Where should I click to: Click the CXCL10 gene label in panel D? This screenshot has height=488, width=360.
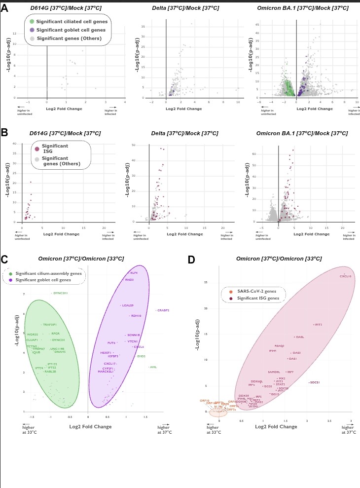click(x=345, y=276)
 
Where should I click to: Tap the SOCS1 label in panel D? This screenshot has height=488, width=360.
click(x=315, y=382)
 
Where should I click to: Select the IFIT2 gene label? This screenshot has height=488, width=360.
click(x=318, y=325)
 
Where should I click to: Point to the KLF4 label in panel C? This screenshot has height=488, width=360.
click(x=134, y=273)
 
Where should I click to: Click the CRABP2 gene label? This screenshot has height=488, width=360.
click(x=163, y=310)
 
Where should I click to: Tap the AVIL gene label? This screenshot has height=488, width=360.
click(x=153, y=367)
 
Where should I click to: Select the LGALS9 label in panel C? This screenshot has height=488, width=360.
click(x=128, y=305)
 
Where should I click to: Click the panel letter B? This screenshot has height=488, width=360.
click(x=4, y=132)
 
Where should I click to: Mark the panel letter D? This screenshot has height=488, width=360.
click(x=191, y=260)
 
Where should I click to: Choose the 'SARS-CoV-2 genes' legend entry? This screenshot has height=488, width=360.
click(x=256, y=292)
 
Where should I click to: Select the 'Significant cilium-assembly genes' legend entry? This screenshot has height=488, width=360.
click(x=48, y=273)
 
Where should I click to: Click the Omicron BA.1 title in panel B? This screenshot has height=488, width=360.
click(x=302, y=134)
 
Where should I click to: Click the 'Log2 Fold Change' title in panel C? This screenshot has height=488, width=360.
click(x=90, y=426)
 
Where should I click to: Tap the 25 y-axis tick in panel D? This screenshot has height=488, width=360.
click(x=206, y=283)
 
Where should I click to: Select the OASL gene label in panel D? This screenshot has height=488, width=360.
click(x=300, y=337)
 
